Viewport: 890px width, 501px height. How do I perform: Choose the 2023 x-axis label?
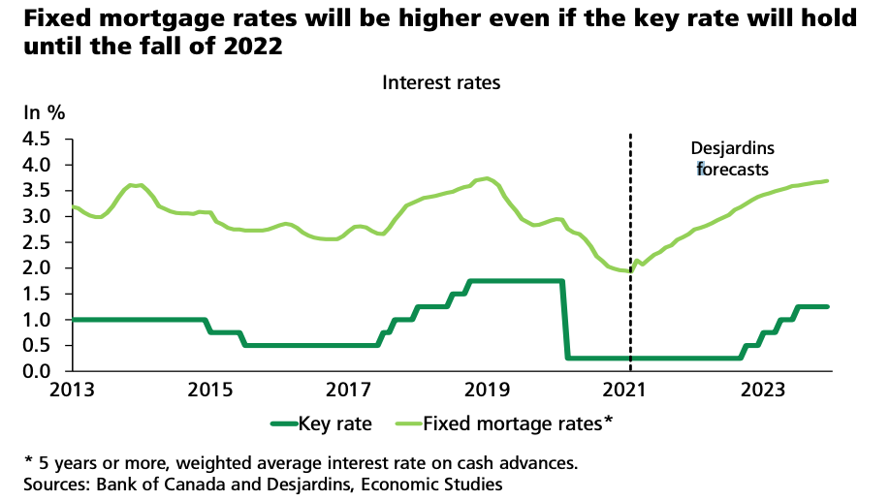click(x=763, y=391)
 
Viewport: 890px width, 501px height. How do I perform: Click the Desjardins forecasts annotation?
click(x=732, y=159)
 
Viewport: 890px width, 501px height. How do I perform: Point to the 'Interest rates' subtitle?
click(x=441, y=82)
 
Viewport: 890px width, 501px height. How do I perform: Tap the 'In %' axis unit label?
click(x=44, y=112)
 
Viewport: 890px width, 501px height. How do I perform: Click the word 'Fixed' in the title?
click(x=49, y=18)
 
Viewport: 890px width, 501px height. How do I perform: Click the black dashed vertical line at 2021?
click(x=631, y=242)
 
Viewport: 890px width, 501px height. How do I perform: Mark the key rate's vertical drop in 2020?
click(x=564, y=320)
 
